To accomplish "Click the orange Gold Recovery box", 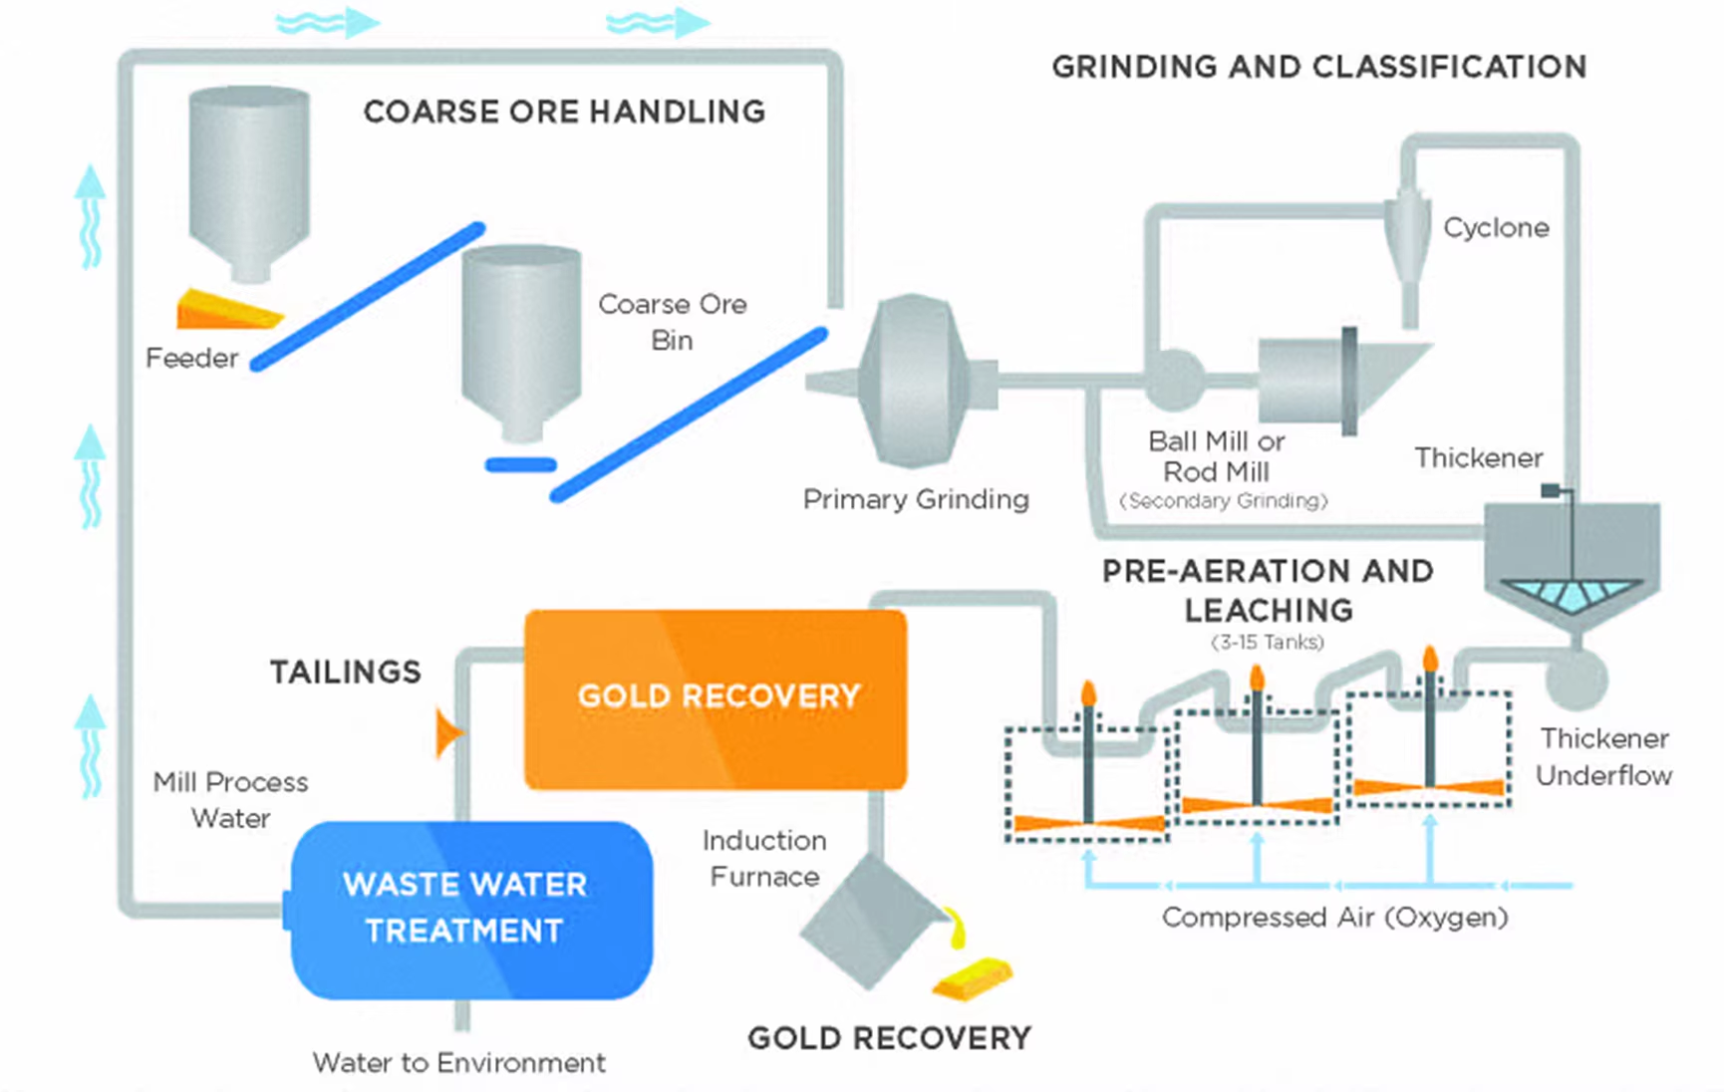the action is point(716,699).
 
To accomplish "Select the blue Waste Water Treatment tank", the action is point(470,910).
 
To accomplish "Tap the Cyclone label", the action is point(1496,228).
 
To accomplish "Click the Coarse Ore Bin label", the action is point(672,322).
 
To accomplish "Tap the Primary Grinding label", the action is point(916,499).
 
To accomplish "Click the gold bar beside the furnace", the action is point(973,978).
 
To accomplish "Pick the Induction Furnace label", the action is point(764,858).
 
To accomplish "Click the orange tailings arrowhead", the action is point(449,733).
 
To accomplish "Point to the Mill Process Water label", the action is point(230,800).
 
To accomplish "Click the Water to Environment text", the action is point(458,1063).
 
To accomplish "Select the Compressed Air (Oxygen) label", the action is point(1334,917).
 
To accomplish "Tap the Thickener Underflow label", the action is point(1603,757).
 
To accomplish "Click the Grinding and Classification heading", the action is point(1319,67).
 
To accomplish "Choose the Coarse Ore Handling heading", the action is point(564,112).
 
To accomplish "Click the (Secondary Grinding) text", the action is point(1224,501).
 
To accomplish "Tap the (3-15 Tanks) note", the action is point(1268,643).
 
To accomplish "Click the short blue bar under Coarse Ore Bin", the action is point(520,464).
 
